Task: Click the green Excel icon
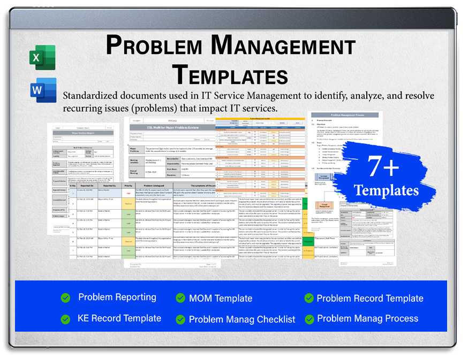click(x=43, y=57)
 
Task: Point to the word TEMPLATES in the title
click(x=231, y=74)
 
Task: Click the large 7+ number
click(x=383, y=167)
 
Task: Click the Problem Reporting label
click(x=117, y=297)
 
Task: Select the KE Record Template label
click(x=119, y=318)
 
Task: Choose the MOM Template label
click(x=221, y=298)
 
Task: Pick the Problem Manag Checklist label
click(x=242, y=319)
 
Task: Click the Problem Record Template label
click(x=370, y=298)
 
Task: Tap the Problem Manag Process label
click(x=368, y=318)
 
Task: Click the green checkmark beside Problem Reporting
click(x=65, y=298)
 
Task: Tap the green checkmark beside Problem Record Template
click(x=309, y=298)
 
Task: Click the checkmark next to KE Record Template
click(x=65, y=319)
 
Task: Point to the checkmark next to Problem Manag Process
click(x=309, y=319)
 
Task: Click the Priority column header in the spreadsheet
click(x=129, y=186)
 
